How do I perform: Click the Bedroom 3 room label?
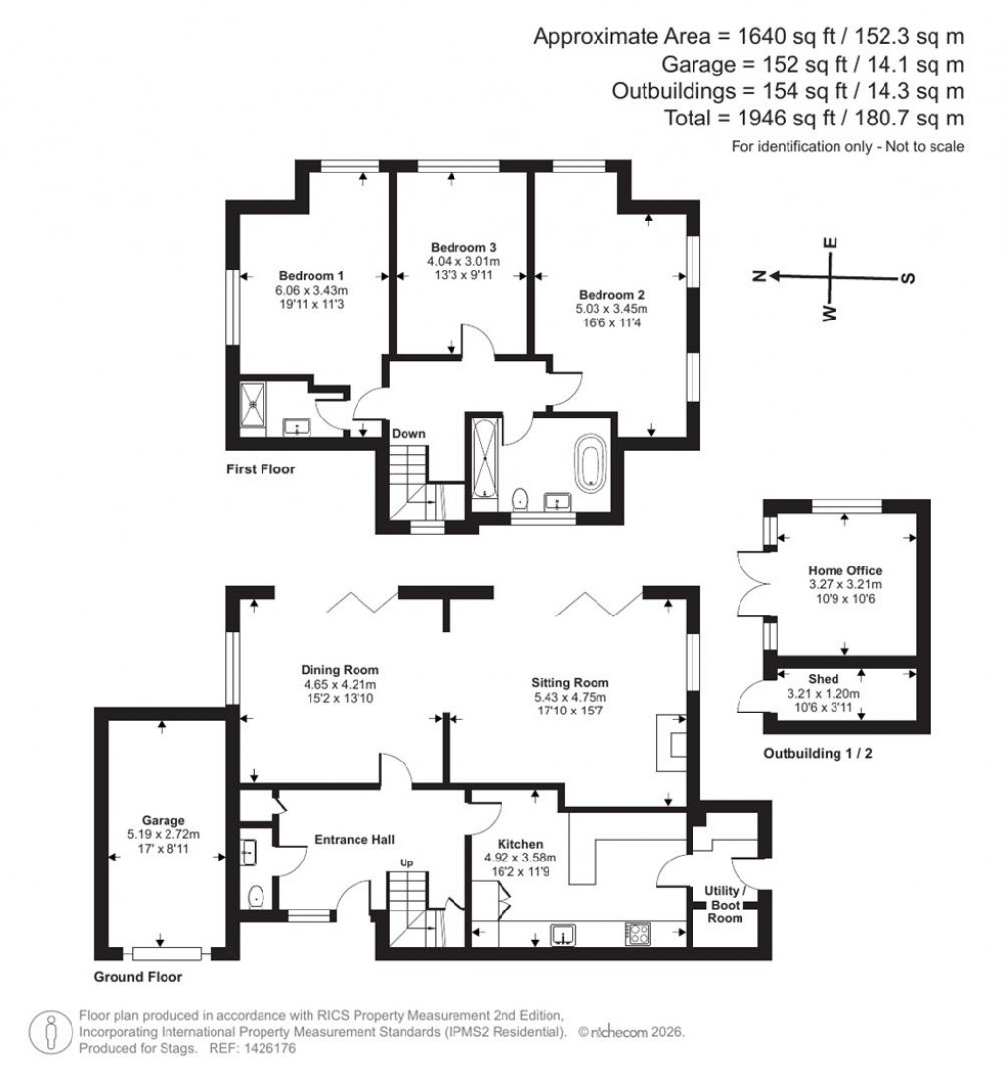[462, 247]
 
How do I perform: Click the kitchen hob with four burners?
[637, 933]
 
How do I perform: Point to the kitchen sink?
[564, 933]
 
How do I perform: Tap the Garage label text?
[162, 821]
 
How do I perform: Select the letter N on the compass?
[758, 277]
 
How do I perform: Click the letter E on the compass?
[830, 243]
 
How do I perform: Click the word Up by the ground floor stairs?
[405, 863]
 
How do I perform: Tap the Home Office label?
[844, 570]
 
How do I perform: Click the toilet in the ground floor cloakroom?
[256, 895]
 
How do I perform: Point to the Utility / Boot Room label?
[725, 905]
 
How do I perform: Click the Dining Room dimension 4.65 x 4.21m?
[339, 684]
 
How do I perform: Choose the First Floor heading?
[260, 469]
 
